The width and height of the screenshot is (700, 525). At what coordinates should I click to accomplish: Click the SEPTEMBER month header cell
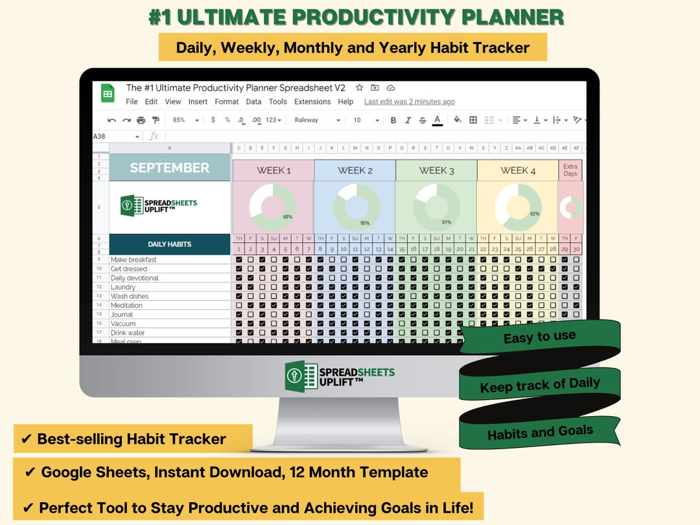[169, 168]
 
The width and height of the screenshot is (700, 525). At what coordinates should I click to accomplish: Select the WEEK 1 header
[274, 170]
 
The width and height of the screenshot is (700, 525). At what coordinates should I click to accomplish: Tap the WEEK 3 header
[436, 170]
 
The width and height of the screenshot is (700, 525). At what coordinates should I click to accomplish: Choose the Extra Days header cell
[570, 170]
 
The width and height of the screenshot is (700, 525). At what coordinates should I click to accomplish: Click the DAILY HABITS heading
[169, 244]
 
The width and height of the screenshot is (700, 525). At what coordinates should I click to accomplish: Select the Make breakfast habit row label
[134, 260]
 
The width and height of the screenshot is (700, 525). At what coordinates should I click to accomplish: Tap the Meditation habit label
[126, 305]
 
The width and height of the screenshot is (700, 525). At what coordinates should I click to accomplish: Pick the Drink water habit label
[128, 332]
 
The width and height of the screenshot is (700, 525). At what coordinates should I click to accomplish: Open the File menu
[132, 102]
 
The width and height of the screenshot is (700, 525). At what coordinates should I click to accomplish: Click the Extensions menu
[312, 102]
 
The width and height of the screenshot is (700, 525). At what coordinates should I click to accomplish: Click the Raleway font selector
[316, 120]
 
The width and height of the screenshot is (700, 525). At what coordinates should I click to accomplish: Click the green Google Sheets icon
[108, 94]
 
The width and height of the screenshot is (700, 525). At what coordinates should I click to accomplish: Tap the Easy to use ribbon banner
[539, 336]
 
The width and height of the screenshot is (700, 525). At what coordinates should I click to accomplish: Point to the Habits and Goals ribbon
[540, 431]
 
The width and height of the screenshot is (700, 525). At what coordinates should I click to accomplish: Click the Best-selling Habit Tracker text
[132, 439]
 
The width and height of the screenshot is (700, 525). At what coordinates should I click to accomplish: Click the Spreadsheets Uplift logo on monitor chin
[340, 375]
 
